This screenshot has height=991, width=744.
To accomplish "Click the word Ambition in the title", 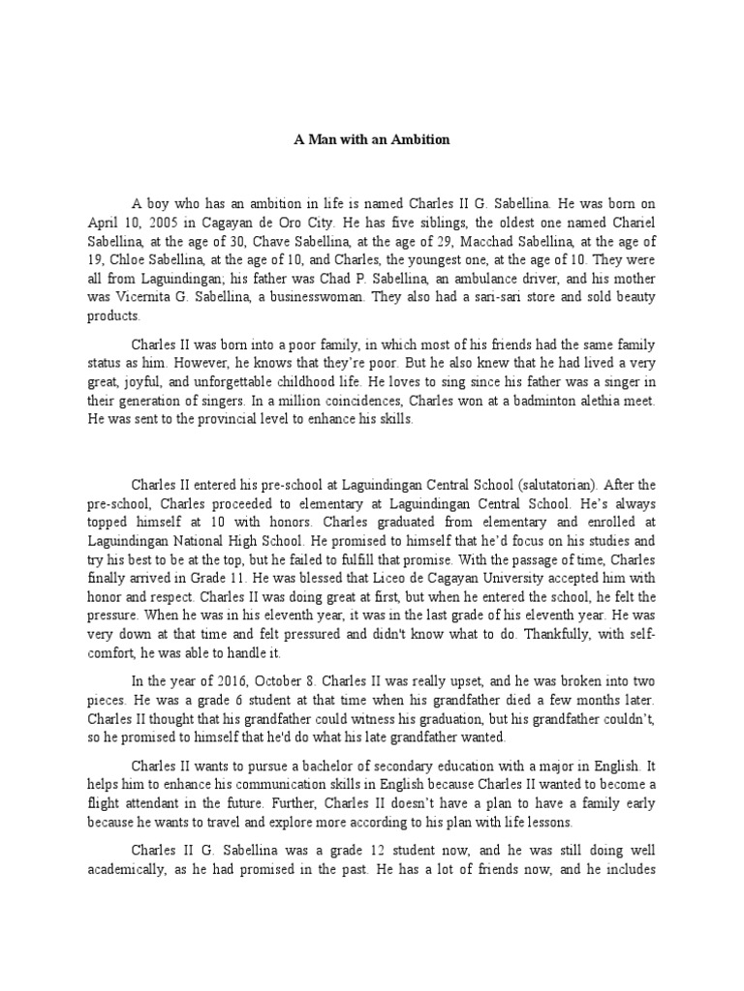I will (422, 139).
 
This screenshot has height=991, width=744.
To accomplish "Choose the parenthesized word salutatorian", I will (553, 485).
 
